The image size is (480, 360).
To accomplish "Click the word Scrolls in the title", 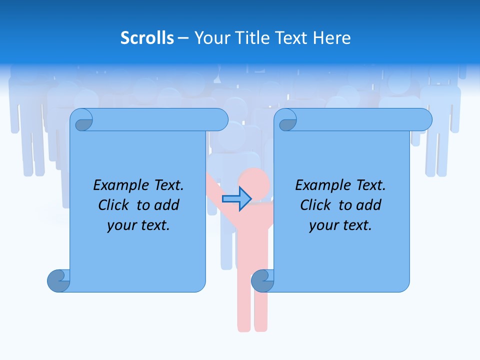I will coord(147,37).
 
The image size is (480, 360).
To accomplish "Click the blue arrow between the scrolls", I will coord(236,199).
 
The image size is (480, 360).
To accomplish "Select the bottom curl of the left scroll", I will coord(58,280).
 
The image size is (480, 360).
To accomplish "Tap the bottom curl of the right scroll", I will coord(262,280).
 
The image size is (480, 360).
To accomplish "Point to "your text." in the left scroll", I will coord(138,225).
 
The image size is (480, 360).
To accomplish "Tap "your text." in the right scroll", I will coord(340,225).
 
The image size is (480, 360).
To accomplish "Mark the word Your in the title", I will coord(210,37).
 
